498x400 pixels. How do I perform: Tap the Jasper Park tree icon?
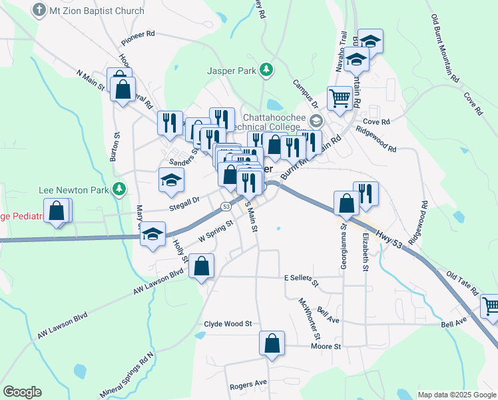point(266,69)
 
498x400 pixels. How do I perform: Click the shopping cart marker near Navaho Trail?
point(340,98)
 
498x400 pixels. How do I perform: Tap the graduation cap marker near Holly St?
point(152,234)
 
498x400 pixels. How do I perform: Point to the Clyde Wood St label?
point(228,324)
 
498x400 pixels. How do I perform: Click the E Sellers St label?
point(302,278)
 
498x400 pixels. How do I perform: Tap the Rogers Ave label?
point(248,383)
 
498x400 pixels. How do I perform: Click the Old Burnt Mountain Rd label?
point(445,49)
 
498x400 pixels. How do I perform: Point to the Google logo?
point(21,392)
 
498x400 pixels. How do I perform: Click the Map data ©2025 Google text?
point(456,395)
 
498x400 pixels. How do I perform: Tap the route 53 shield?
point(226,207)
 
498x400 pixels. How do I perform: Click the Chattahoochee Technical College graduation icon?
point(315,121)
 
